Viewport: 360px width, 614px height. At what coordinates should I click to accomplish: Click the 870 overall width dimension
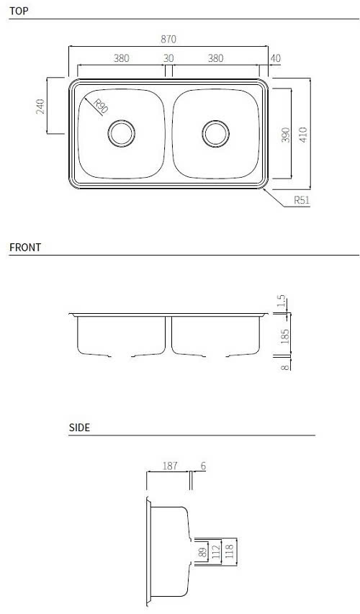pyautogui.click(x=168, y=39)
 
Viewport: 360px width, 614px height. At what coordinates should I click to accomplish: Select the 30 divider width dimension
pyautogui.click(x=168, y=58)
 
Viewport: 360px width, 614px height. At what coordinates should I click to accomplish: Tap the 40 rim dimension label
pyautogui.click(x=276, y=58)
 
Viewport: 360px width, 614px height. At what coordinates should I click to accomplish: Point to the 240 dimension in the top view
pyautogui.click(x=40, y=107)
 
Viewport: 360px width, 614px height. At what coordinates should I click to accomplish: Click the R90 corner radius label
pyautogui.click(x=101, y=107)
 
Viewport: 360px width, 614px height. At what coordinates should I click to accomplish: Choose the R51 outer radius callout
pyautogui.click(x=302, y=201)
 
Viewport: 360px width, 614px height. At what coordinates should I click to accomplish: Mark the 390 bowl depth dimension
pyautogui.click(x=286, y=135)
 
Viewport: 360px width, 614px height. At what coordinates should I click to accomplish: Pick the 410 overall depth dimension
pyautogui.click(x=304, y=135)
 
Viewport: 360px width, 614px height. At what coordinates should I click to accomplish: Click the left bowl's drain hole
pyautogui.click(x=122, y=134)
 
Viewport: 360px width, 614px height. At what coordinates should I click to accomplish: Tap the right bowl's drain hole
pyautogui.click(x=215, y=134)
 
